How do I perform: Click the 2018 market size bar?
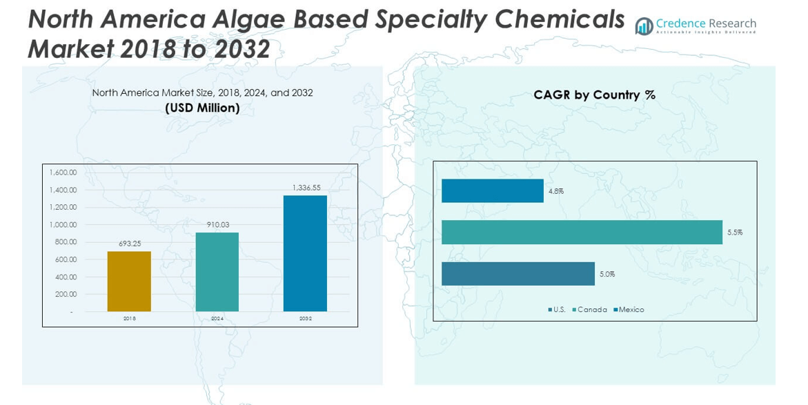[129, 281]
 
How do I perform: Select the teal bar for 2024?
[217, 272]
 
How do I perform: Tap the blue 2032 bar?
[305, 253]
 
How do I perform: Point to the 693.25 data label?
[129, 244]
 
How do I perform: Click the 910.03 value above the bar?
[217, 225]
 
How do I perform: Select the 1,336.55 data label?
[306, 188]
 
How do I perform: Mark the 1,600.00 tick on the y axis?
[63, 172]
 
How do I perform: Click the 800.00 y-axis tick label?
[66, 242]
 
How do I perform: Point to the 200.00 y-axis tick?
[66, 294]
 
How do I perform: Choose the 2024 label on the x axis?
[217, 319]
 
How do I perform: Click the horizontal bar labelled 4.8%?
[492, 191]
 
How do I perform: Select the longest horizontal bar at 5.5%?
[582, 233]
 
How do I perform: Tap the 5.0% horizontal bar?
[518, 274]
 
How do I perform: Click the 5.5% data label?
[735, 233]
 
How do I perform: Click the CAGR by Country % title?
[594, 95]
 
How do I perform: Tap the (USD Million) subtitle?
[202, 108]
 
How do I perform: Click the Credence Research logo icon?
[644, 26]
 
